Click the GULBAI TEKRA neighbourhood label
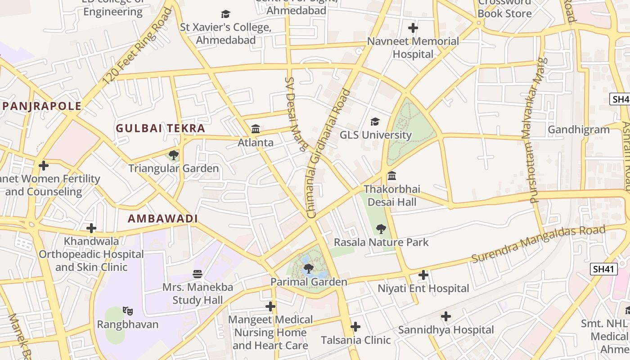click(x=160, y=128)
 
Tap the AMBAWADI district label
click(x=162, y=219)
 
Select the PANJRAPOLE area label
click(x=42, y=106)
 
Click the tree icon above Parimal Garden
click(x=308, y=269)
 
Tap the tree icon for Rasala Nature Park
click(x=381, y=229)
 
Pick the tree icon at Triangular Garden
click(x=173, y=155)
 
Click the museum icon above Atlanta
click(x=256, y=129)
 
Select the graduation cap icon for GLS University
click(x=375, y=121)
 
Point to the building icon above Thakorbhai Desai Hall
click(x=392, y=175)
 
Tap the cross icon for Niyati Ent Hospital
click(x=423, y=274)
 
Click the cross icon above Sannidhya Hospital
click(x=445, y=316)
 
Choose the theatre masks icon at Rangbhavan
click(x=128, y=311)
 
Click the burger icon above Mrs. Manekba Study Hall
click(x=197, y=274)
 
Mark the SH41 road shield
click(x=603, y=269)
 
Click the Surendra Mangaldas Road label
click(x=538, y=244)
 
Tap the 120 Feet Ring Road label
click(x=137, y=46)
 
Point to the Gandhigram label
click(x=578, y=130)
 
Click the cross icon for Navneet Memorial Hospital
click(x=413, y=28)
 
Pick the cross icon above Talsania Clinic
click(x=355, y=326)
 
